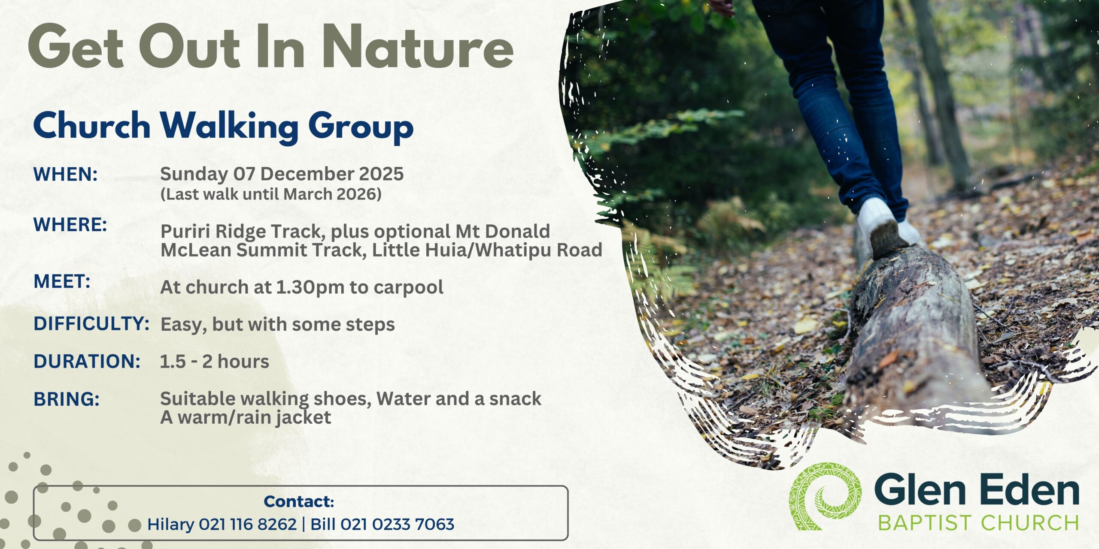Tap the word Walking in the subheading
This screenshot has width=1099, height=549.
pyautogui.click(x=229, y=127)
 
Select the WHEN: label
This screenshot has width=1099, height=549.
pyautogui.click(x=66, y=174)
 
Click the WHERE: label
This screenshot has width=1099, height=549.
pyautogui.click(x=70, y=225)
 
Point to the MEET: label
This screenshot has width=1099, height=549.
pyautogui.click(x=62, y=282)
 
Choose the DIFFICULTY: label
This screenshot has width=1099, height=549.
pyautogui.click(x=91, y=324)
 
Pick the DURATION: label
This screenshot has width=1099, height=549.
pyautogui.click(x=87, y=362)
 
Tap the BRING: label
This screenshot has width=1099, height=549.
pyautogui.click(x=67, y=399)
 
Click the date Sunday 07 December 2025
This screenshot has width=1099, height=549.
pyautogui.click(x=282, y=174)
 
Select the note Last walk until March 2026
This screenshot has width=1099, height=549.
pyautogui.click(x=271, y=194)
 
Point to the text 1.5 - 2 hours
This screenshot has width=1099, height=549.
pyautogui.click(x=215, y=362)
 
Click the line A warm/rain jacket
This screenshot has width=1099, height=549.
pyautogui.click(x=246, y=417)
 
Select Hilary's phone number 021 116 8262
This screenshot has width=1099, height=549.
pyautogui.click(x=248, y=524)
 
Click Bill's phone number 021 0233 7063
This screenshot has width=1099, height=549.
pyautogui.click(x=397, y=524)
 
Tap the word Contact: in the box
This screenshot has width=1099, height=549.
pyautogui.click(x=299, y=501)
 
